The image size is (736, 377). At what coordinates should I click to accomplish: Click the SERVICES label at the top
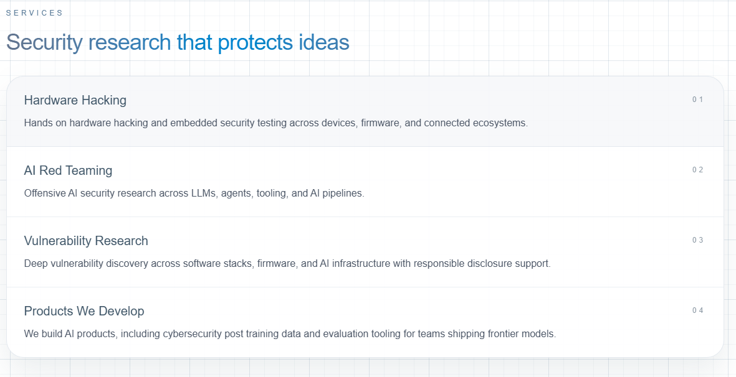coord(34,12)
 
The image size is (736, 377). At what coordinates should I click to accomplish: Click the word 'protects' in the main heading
coord(256,42)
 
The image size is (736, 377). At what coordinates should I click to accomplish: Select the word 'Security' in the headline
coord(44,42)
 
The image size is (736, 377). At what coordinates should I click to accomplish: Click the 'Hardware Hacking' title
coord(75,100)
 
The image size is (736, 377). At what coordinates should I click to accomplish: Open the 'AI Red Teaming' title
coord(68,170)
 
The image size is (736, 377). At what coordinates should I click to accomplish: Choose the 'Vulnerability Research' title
coord(86,241)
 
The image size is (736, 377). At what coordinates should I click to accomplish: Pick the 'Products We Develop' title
coord(84,311)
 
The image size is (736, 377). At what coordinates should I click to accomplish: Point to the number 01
coord(697,100)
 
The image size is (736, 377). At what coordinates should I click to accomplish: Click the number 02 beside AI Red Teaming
coord(697,170)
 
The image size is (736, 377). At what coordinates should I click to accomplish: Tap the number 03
coord(697,240)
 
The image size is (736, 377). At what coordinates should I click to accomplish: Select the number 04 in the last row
coord(697,310)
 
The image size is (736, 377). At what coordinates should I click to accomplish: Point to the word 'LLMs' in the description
coord(204,193)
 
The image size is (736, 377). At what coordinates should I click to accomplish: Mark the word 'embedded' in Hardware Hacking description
coord(190,123)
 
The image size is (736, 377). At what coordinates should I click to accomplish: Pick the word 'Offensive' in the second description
coord(45,193)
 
